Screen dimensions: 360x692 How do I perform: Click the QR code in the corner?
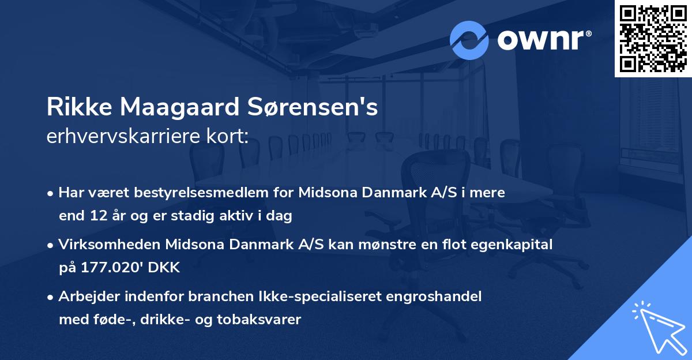tap(653, 38)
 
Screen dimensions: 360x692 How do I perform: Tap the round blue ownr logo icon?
tap(469, 40)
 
